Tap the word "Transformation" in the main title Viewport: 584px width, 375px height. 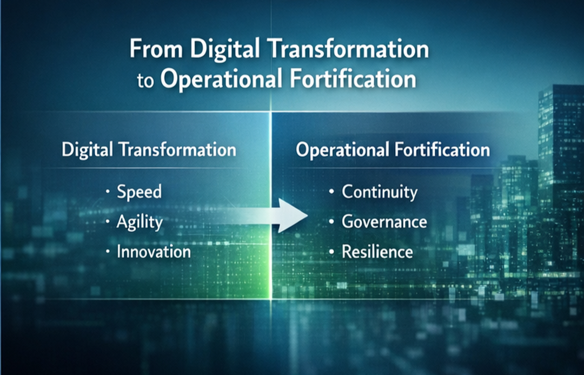tap(351, 50)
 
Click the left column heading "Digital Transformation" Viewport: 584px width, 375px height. tap(149, 149)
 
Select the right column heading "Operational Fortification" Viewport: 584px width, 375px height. tap(393, 149)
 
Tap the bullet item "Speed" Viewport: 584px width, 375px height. tap(139, 192)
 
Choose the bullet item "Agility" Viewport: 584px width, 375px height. tap(140, 222)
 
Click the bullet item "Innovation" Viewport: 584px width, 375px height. tap(154, 252)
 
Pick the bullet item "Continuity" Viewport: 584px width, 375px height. tap(380, 192)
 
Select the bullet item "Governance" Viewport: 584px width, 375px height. tap(384, 222)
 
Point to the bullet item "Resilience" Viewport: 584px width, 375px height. tap(377, 252)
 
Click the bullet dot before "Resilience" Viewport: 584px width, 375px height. tap(331, 252)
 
